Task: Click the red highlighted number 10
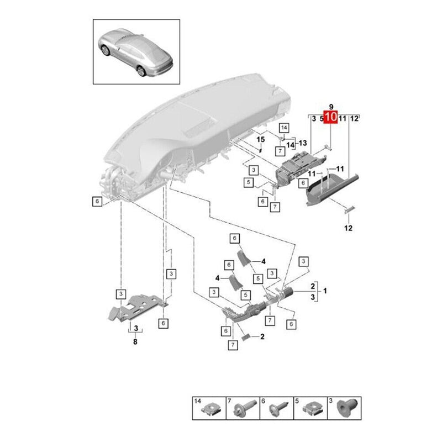click(x=330, y=117)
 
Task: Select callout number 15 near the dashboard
click(x=260, y=140)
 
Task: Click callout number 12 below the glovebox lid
click(x=348, y=227)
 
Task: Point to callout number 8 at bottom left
click(x=135, y=342)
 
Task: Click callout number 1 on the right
click(x=325, y=291)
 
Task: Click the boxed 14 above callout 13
click(x=285, y=128)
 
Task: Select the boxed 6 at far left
click(x=97, y=202)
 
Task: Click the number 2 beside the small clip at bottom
click(x=262, y=336)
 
